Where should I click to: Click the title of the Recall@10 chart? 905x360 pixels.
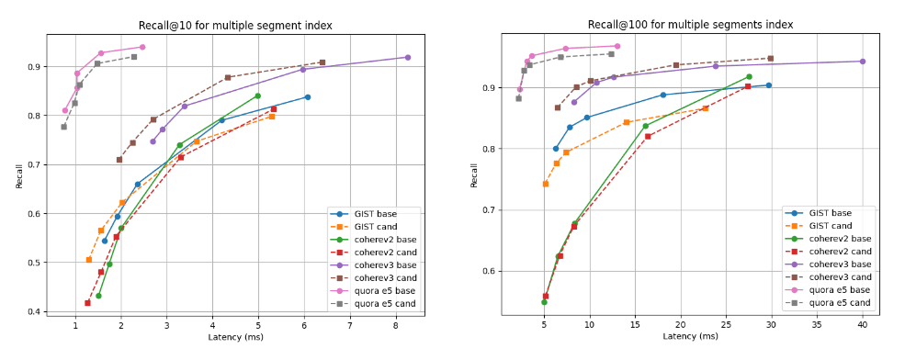[x=234, y=25]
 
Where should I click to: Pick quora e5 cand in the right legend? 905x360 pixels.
[x=838, y=302]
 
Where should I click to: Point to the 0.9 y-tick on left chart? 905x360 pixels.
[x=37, y=67]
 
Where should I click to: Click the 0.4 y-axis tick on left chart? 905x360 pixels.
[x=37, y=312]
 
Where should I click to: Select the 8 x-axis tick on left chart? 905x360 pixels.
[x=396, y=325]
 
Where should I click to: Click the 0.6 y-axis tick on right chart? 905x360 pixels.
[x=492, y=272]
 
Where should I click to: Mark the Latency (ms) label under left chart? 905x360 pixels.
[x=234, y=337]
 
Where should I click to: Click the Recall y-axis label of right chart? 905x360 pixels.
[x=474, y=175]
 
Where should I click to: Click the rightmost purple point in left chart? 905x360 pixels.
[x=408, y=57]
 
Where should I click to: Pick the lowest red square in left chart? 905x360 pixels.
[x=87, y=302]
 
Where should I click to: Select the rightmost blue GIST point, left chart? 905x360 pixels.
[x=308, y=96]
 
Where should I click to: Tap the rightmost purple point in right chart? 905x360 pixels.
[x=863, y=62]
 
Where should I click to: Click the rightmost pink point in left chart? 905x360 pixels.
[x=142, y=47]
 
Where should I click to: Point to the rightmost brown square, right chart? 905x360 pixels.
[x=770, y=58]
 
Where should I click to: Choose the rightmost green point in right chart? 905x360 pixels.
[x=749, y=77]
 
